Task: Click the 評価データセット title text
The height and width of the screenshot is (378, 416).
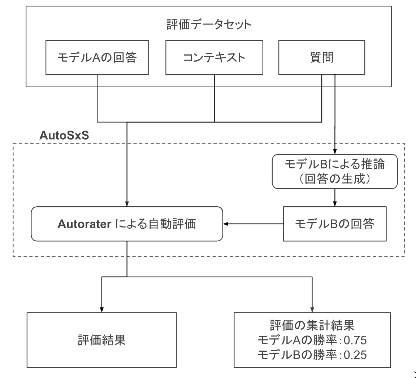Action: point(209,25)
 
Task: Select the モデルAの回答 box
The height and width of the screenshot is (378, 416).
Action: point(97,58)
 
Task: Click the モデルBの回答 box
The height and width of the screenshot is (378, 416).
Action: point(334,224)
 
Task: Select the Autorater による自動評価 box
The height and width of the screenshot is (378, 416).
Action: point(127,224)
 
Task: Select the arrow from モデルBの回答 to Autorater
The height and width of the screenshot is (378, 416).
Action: point(253,224)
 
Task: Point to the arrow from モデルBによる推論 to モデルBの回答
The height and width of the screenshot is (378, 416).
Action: point(335,198)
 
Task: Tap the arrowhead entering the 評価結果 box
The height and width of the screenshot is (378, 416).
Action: point(102,310)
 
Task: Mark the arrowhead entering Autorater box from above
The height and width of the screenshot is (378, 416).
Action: point(127,203)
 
